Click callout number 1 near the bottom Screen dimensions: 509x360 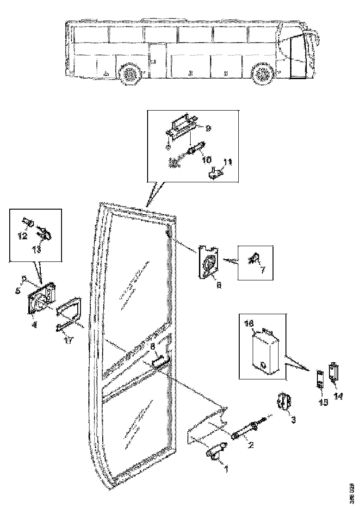[226, 469]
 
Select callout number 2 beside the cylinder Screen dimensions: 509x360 [250, 446]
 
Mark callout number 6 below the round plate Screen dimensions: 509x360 [219, 286]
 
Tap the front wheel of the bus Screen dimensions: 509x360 [263, 74]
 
